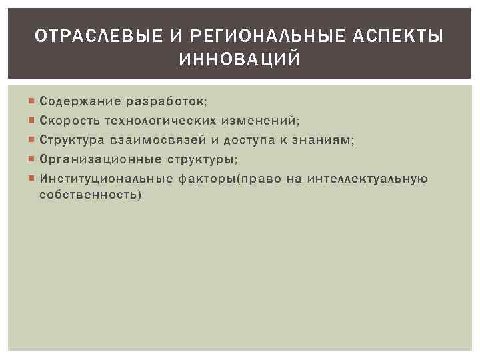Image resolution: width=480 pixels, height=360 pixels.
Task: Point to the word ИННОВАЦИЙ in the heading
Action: click(x=240, y=61)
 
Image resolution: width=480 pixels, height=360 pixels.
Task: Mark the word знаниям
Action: click(x=325, y=141)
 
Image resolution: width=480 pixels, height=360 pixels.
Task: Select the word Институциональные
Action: click(x=107, y=179)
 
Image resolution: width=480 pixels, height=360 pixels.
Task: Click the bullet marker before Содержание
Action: click(x=33, y=102)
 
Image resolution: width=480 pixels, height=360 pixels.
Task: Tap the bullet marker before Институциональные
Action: click(x=33, y=179)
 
